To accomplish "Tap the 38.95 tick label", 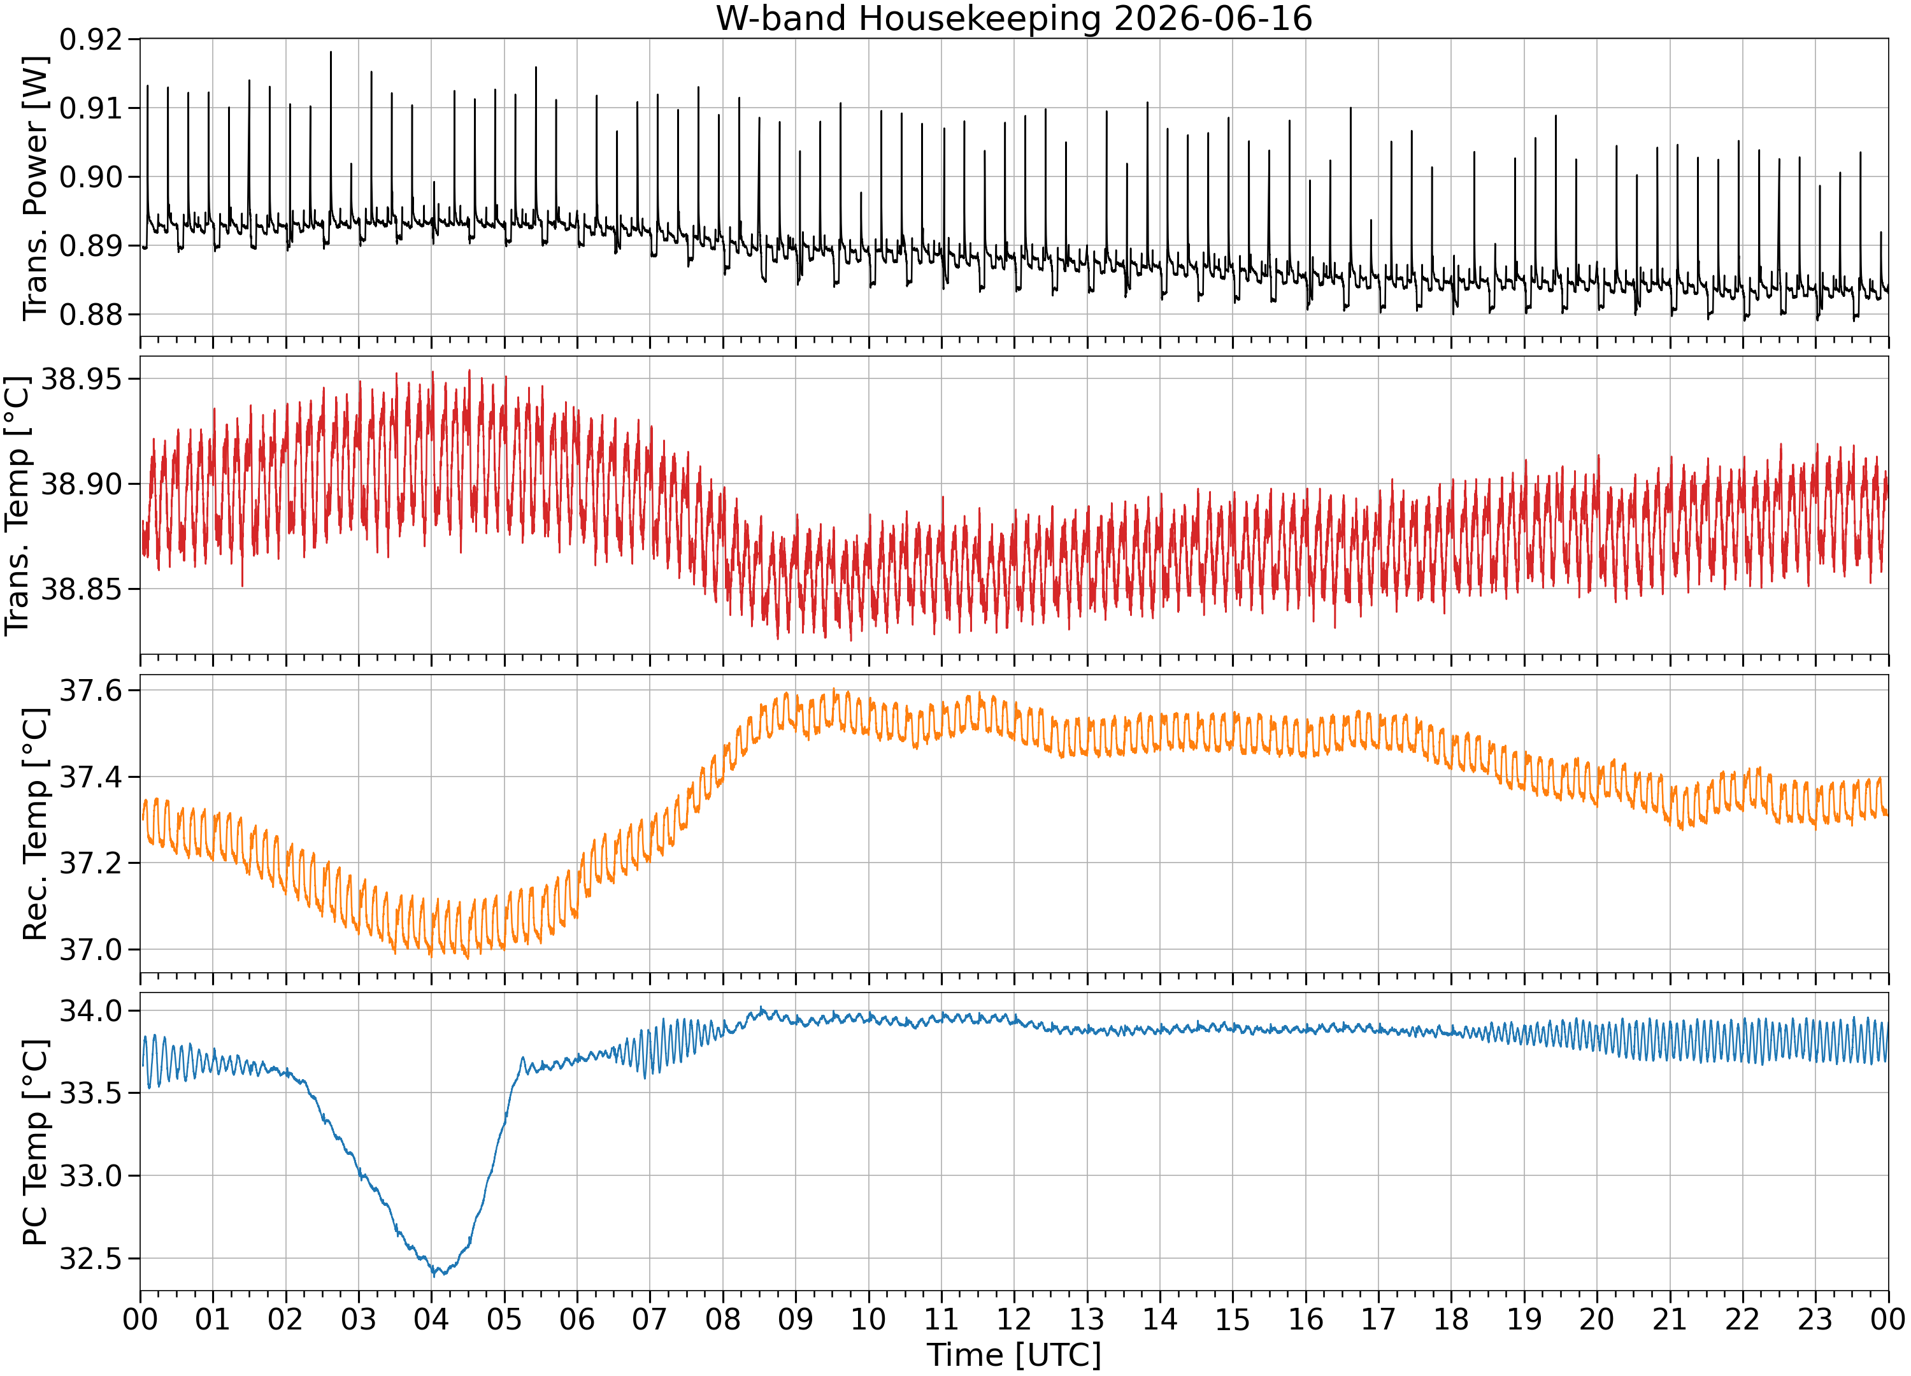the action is (82, 379).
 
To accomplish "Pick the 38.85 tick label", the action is (82, 590).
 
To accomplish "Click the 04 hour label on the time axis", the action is (431, 1319).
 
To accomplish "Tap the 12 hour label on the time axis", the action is (1013, 1319).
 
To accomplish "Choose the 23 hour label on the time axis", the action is (1815, 1319).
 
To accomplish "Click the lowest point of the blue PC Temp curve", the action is (435, 1277).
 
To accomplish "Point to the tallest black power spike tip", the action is (331, 52).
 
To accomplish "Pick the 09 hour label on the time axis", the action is (796, 1319).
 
